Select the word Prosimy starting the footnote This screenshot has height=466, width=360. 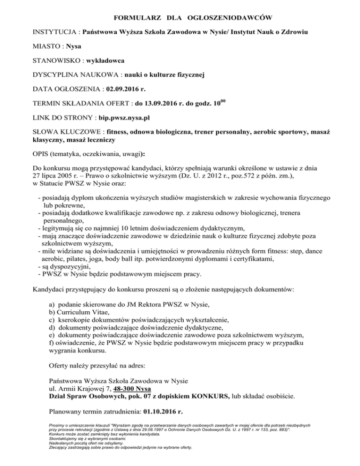pyautogui.click(x=57, y=425)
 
